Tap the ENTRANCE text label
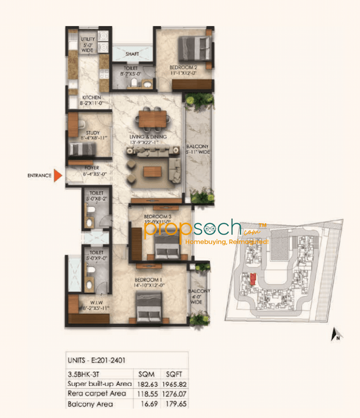39,176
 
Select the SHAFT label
132,54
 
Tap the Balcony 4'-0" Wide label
200,296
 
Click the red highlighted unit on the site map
253,278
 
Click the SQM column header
145,373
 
